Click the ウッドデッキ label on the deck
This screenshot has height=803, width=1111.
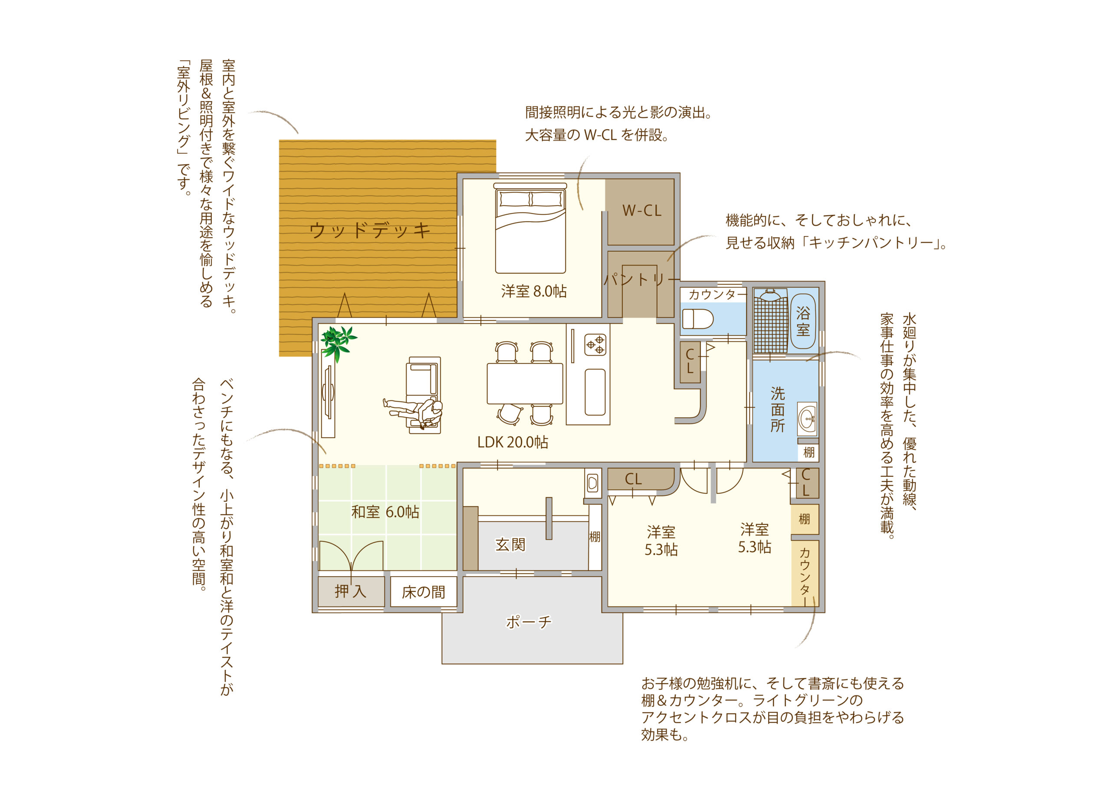(370, 229)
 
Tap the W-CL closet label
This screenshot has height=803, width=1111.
(642, 210)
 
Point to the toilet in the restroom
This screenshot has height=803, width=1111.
(697, 319)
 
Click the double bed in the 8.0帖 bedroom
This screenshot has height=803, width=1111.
(530, 228)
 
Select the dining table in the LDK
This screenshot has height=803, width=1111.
(525, 383)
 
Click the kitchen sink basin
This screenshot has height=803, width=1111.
(595, 392)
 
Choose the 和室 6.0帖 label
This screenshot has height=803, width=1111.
(385, 512)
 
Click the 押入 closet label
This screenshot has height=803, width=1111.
(350, 591)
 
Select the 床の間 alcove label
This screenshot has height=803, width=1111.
(423, 593)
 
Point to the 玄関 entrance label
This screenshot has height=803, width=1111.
(510, 544)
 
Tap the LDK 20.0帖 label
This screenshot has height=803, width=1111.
(513, 442)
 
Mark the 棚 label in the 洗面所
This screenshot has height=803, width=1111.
(809, 452)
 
